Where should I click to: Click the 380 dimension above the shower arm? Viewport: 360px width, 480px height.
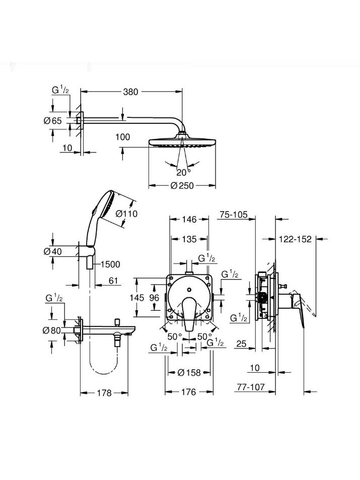131,92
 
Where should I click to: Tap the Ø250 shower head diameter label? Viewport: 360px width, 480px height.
182,185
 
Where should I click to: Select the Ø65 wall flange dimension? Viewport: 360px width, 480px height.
53,120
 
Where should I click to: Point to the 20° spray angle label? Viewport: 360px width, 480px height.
183,173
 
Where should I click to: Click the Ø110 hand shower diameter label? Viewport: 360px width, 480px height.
126,214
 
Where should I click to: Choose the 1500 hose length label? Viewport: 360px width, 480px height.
110,264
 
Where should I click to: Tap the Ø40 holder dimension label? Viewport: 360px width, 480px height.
53,252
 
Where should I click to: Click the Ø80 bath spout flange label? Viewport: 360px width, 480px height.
52,330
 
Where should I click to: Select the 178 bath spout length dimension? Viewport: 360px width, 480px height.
104,393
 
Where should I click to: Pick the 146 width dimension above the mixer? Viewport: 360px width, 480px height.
189,219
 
